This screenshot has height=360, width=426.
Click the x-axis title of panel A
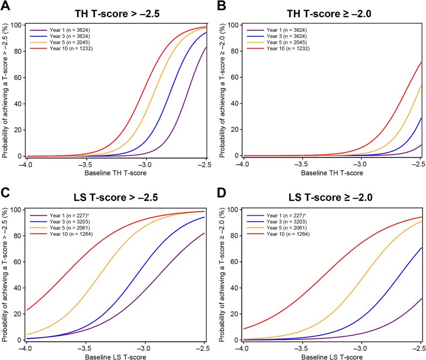tap(115, 172)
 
